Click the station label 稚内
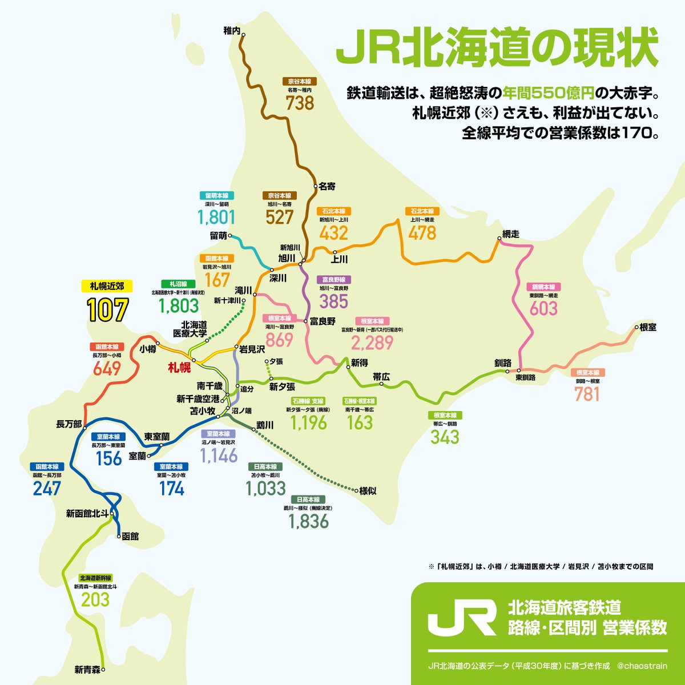click(231, 30)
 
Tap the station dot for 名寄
click(315, 186)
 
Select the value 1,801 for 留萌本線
click(216, 217)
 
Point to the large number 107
click(107, 310)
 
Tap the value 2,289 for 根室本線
click(372, 342)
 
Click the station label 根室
click(647, 327)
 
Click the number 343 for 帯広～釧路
click(445, 437)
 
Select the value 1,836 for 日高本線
click(308, 521)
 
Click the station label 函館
click(131, 537)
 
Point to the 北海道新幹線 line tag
click(95, 578)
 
